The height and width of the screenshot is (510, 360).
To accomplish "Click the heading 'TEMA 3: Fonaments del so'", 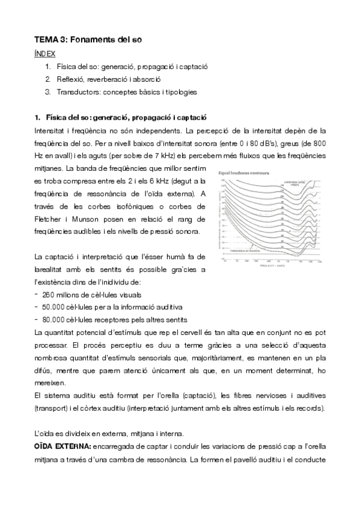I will [88, 40].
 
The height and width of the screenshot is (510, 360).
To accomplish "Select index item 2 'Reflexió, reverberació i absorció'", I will [108, 79].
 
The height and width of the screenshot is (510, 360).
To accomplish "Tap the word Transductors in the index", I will [77, 92].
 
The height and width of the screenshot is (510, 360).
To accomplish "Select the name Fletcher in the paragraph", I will [48, 219].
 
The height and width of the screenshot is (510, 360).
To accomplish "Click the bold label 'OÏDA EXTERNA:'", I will [63, 447].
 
